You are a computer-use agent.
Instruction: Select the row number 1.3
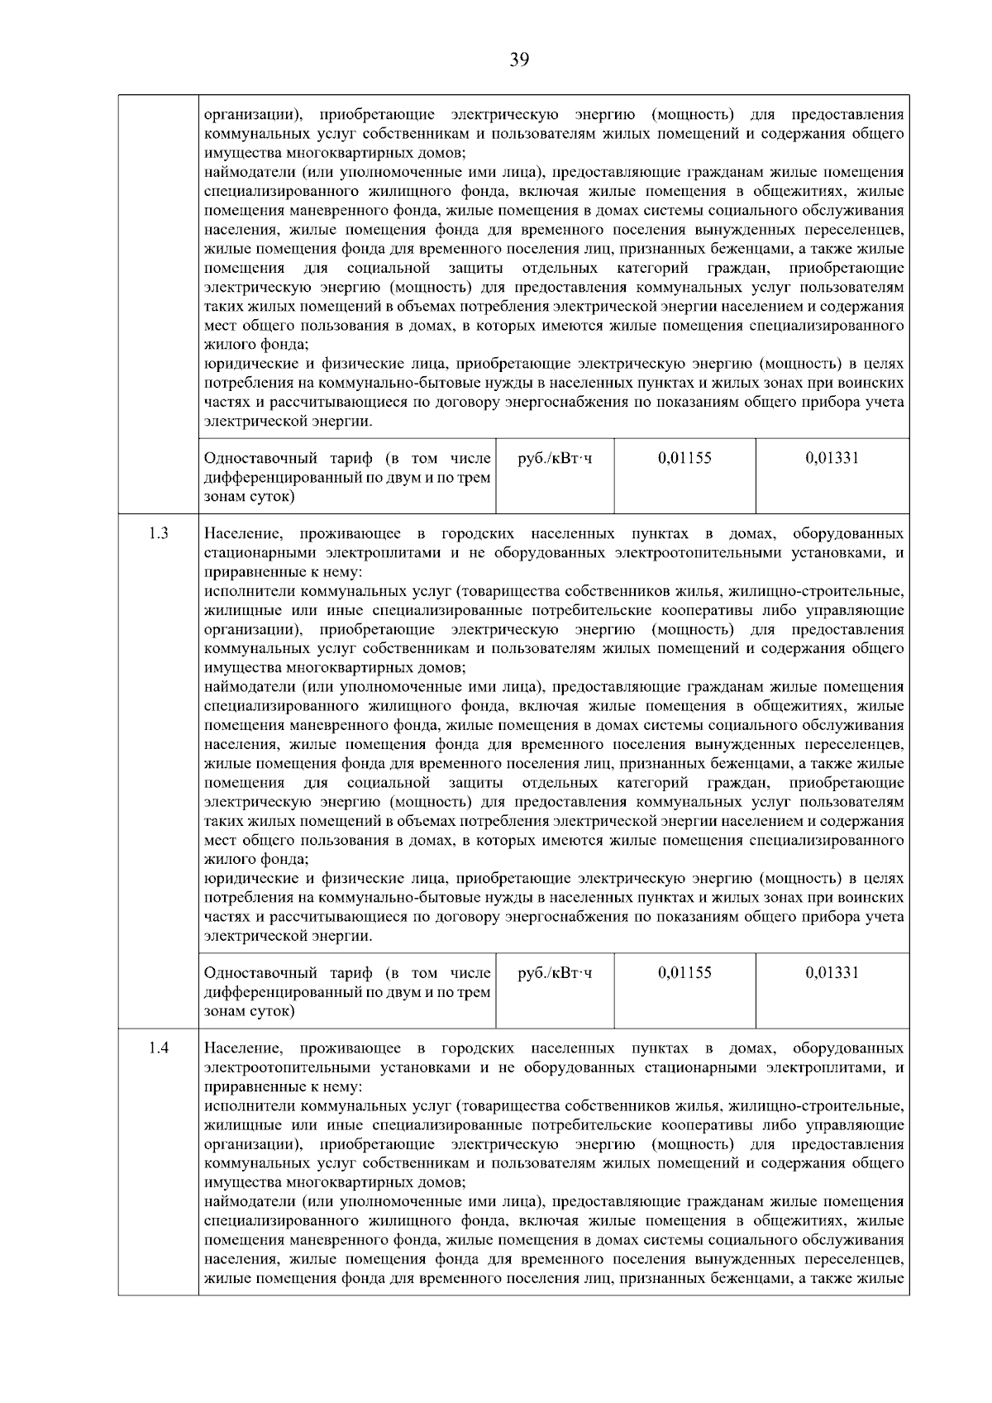tap(159, 534)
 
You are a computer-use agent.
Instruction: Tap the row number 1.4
tap(159, 1048)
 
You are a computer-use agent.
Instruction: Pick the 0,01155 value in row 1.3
tap(684, 973)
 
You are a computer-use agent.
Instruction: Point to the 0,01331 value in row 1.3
tap(832, 973)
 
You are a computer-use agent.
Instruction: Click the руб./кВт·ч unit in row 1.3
tap(555, 973)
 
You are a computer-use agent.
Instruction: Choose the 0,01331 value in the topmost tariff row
tap(832, 458)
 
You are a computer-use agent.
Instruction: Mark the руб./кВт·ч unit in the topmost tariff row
tap(555, 458)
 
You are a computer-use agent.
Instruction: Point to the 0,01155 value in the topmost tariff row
tap(684, 458)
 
